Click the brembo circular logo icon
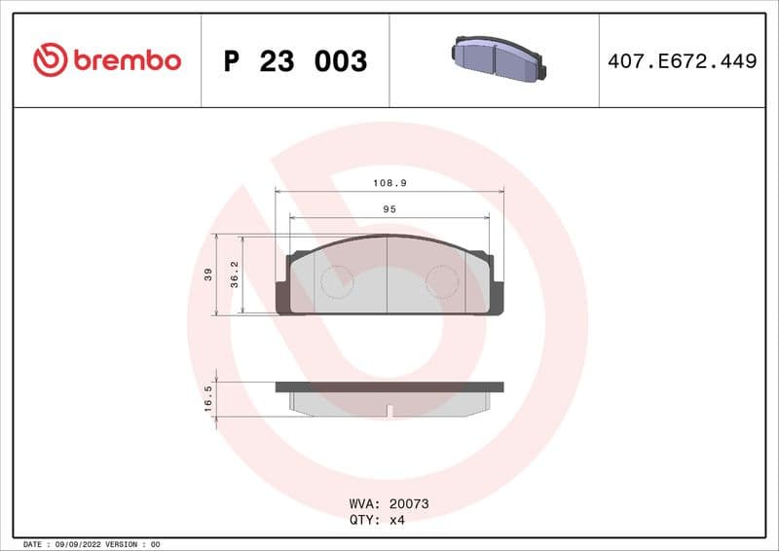click(x=50, y=60)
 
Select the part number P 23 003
click(x=295, y=61)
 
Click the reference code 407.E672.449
click(x=682, y=61)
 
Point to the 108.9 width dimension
click(x=389, y=183)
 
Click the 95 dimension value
click(x=389, y=209)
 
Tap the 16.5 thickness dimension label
click(x=207, y=399)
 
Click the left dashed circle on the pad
click(x=337, y=282)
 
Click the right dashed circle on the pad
click(x=442, y=282)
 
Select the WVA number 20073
click(x=409, y=504)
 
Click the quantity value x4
click(x=396, y=520)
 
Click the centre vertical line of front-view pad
click(x=389, y=276)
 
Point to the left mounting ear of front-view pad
click(x=283, y=292)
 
